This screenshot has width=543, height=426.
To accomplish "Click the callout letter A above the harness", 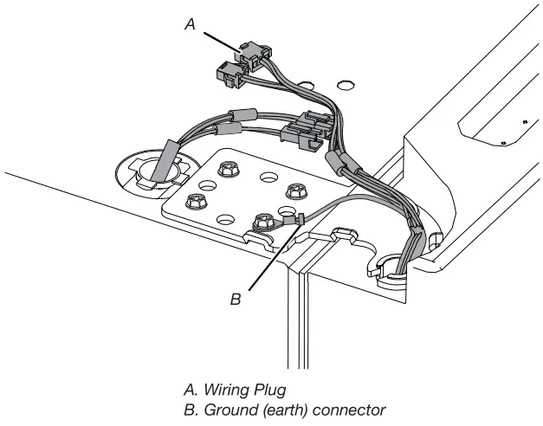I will (x=191, y=26).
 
